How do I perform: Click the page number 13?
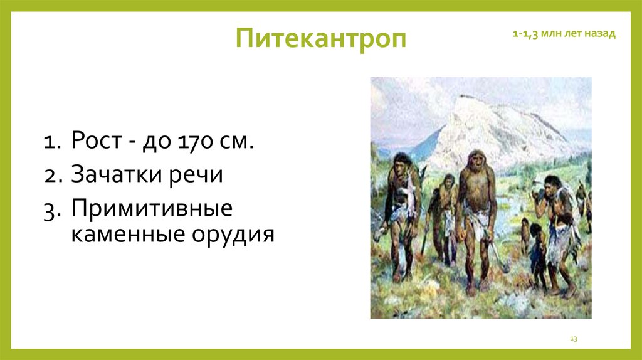(573, 339)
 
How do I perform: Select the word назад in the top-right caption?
(600, 34)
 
